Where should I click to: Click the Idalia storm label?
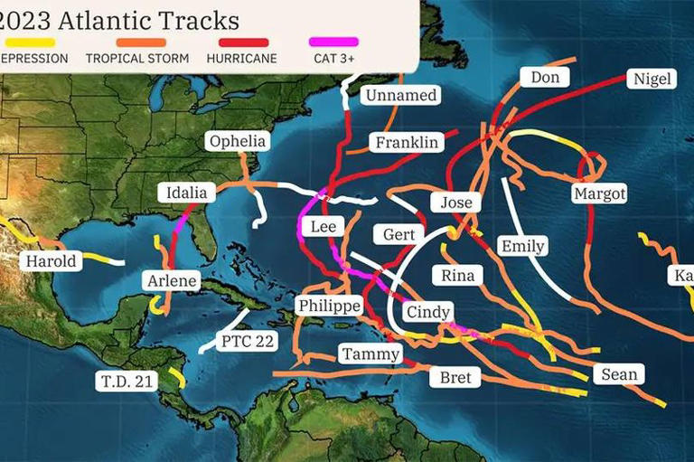pos(187,192)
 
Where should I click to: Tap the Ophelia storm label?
pos(238,141)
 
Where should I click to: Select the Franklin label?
pos(407,143)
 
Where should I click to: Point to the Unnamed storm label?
pos(400,95)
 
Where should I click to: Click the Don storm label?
pos(545,78)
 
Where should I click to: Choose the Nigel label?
pos(652,80)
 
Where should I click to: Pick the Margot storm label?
pos(599,193)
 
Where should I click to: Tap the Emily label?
pos(522,246)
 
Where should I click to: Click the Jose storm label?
pos(455,203)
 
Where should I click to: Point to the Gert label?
pos(399,235)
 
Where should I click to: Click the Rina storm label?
pos(457,276)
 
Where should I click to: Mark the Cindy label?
pos(427,313)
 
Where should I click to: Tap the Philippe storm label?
pos(329,306)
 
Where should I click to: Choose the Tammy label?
pos(370,354)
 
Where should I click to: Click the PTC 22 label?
pos(247,342)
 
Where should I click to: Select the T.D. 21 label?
pos(127,382)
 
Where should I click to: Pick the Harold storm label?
pos(52,261)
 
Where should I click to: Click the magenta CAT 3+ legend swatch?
pos(333,42)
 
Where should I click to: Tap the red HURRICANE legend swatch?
pos(244,42)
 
